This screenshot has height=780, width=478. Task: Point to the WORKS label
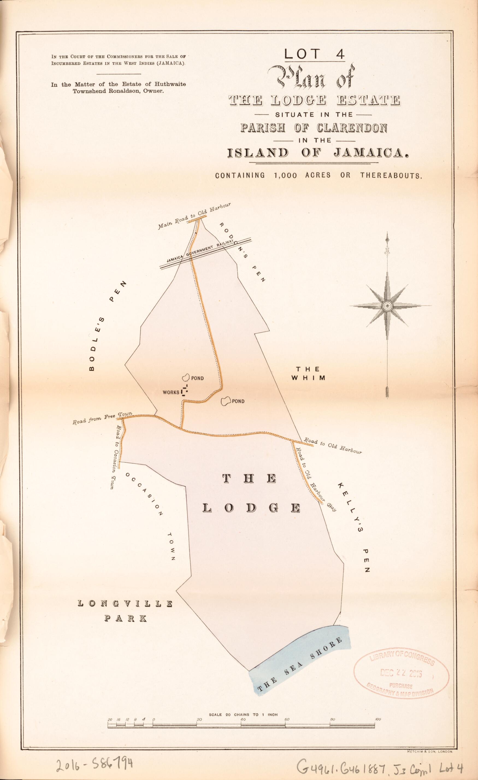(x=171, y=393)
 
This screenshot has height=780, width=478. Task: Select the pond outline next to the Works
(x=186, y=377)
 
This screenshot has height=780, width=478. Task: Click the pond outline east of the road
(x=226, y=401)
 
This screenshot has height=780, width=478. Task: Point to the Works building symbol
(x=185, y=391)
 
